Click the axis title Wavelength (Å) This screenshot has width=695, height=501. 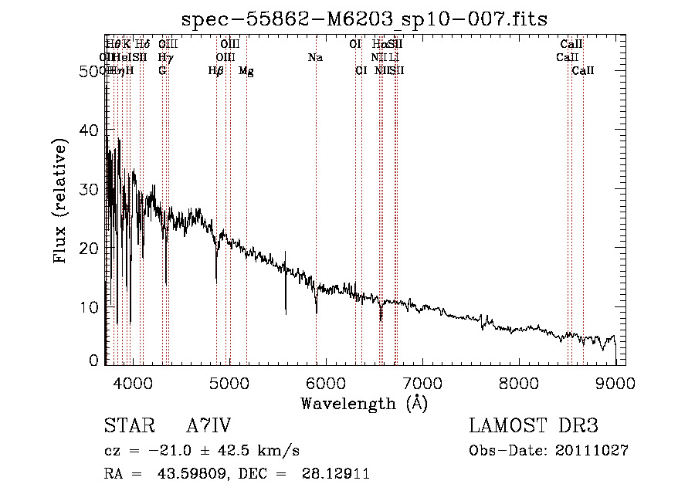[x=364, y=403]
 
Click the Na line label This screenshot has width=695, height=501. [x=315, y=58]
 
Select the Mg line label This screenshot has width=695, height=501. [x=246, y=71]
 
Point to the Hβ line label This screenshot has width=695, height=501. [x=215, y=71]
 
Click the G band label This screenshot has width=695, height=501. [x=162, y=71]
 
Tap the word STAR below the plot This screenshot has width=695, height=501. [x=127, y=426]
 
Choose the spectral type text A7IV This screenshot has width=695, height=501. [x=209, y=426]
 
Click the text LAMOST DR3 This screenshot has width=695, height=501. [x=534, y=426]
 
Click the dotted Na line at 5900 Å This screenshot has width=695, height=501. [x=316, y=193]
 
